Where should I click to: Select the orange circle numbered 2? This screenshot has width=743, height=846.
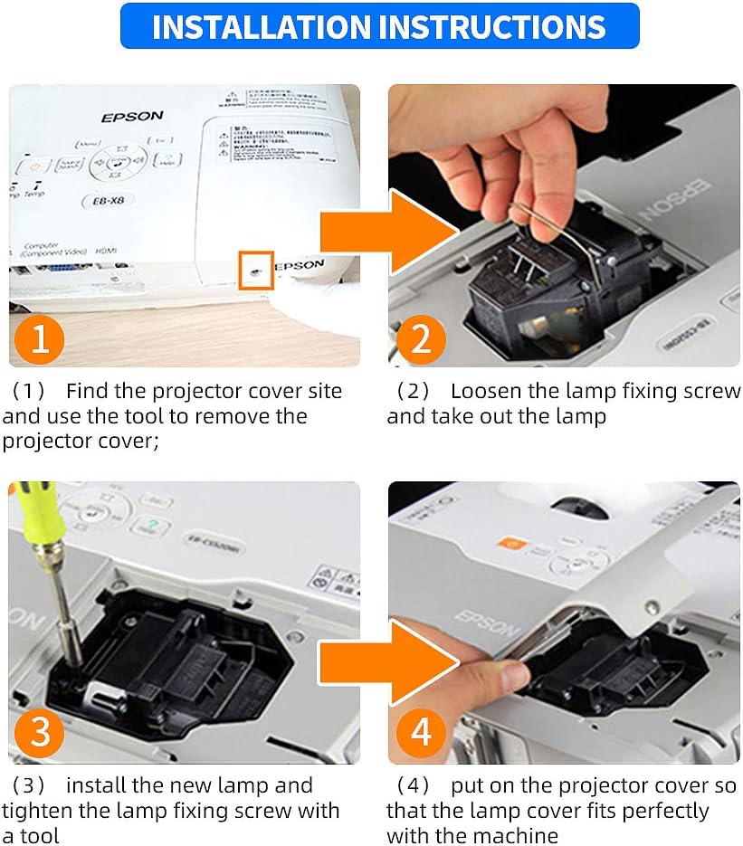point(422,338)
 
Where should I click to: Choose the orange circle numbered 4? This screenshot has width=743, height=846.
point(422,731)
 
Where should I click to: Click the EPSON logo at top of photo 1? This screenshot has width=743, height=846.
point(132,117)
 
